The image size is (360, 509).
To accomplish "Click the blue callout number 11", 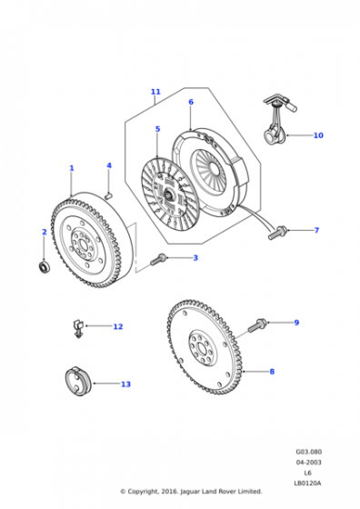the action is coord(155,92).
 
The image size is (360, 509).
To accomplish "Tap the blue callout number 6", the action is coord(191,102).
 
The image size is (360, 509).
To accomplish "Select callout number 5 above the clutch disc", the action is coord(158,129).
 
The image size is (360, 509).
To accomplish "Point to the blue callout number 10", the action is coord(318,135).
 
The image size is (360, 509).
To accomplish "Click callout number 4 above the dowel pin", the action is coord(109,165).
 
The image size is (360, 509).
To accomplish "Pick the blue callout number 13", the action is coord(125,384).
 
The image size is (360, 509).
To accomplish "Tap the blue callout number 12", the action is coord(118,326).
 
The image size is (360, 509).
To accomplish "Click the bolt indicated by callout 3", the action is coord(159,259).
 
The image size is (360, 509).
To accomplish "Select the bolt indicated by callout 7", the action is coord(277,233).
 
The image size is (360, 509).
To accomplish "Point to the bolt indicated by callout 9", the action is coord(257,325).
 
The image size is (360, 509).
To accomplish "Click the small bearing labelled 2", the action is coord(43,266).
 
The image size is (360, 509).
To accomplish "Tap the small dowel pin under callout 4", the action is coord(109,195).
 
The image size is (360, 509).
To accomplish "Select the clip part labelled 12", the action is coord(77,328).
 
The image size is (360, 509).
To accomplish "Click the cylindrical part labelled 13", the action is coord(77,382).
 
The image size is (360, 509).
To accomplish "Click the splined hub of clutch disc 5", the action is coord(169,195).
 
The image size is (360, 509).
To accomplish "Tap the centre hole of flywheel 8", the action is coord(202,349).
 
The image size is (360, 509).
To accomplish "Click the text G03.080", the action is coord(309,452).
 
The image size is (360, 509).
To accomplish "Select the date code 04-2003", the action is coord(308,463).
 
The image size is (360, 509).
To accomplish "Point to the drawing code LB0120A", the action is coord(307,484).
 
